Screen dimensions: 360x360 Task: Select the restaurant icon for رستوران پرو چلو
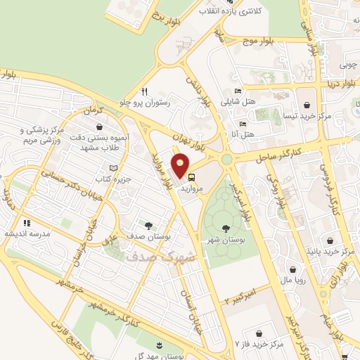144,91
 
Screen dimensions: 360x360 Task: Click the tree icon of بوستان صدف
148,225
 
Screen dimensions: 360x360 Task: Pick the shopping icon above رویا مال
292,269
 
